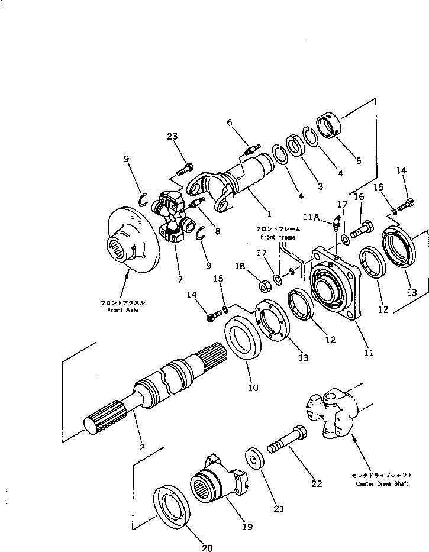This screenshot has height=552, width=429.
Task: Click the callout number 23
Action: pos(172,137)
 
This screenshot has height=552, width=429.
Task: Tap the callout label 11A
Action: pos(312,218)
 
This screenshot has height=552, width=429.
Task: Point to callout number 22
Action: pos(317,483)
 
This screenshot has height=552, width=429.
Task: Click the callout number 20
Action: pos(207,547)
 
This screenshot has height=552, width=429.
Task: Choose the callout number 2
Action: pos(142,447)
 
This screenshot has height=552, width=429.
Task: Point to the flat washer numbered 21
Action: pos(255,460)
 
